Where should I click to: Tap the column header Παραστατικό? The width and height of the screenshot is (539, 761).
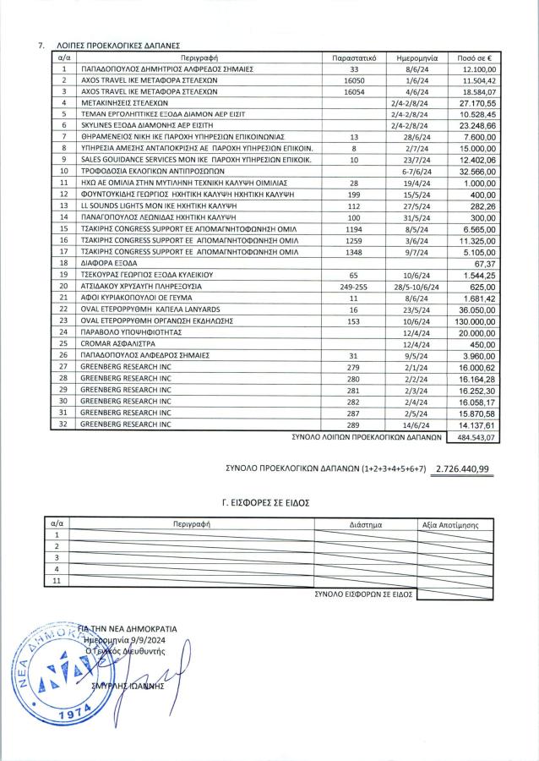[x=354, y=57]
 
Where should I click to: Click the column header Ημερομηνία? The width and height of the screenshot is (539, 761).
[x=415, y=57]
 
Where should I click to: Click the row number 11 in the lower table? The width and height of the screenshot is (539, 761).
[x=57, y=581]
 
